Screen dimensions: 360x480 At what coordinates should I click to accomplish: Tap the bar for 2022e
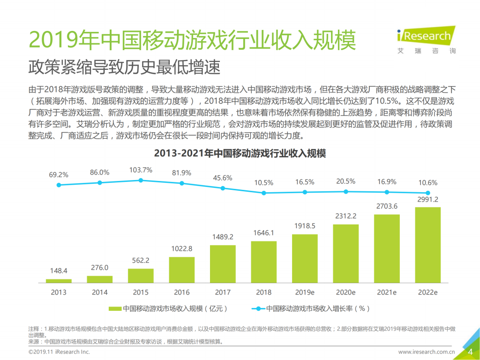(427, 245)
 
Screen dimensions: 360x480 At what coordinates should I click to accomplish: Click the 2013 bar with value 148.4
(59, 281)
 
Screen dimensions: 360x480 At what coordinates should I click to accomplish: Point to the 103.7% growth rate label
(141, 170)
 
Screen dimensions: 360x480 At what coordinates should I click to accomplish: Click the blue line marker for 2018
(264, 193)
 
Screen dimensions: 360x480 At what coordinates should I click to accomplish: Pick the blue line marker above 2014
(99, 182)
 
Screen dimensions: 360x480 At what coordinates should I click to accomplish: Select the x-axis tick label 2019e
(305, 292)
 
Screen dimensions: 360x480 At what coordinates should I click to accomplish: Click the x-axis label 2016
(182, 292)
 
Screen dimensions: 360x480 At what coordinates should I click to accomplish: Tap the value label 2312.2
(345, 216)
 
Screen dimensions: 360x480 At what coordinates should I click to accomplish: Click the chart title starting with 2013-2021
(240, 153)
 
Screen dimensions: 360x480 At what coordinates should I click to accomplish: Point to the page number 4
(470, 352)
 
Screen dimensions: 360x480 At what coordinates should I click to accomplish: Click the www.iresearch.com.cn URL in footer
(427, 352)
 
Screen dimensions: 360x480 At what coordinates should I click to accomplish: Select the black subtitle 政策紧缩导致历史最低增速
(124, 67)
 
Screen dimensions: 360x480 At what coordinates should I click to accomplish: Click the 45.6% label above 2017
(223, 178)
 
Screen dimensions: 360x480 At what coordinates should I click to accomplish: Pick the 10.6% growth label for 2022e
(427, 182)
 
